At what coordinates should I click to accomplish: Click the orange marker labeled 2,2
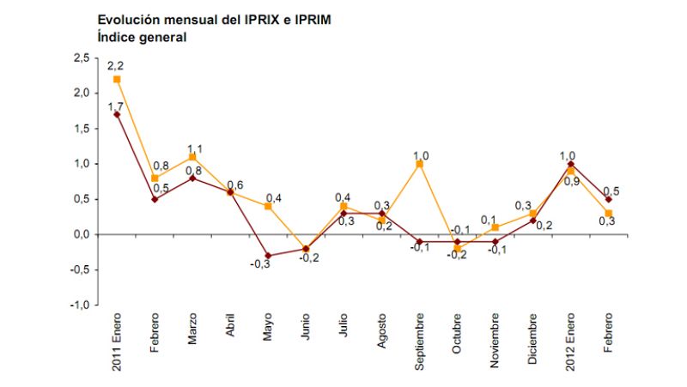[117, 79]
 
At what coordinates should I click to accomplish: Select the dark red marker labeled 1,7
[117, 114]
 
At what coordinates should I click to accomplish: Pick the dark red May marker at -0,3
[267, 255]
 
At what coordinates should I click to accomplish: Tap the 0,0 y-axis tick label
[80, 234]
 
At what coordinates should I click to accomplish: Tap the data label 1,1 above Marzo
[194, 148]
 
